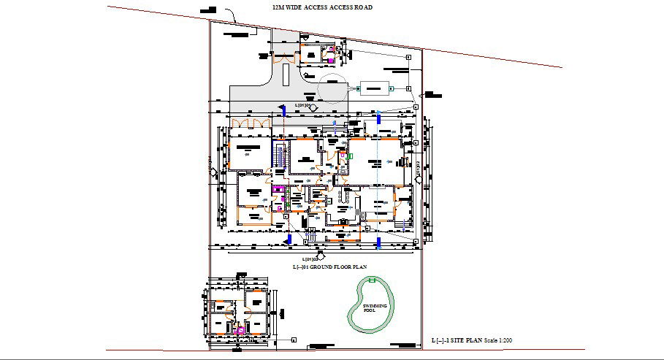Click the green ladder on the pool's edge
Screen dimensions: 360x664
click(374, 280)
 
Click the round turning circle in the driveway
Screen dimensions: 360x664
click(333, 88)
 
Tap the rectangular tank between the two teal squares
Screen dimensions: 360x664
click(375, 88)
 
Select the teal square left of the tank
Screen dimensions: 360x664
click(358, 88)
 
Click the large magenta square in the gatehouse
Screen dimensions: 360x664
click(330, 59)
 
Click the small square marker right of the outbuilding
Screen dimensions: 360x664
click(293, 340)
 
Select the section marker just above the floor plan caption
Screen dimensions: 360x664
click(309, 258)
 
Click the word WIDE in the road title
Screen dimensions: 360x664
click(291, 7)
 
